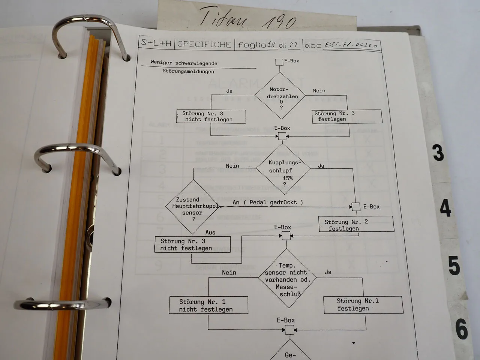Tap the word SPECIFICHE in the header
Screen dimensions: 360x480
coord(204,44)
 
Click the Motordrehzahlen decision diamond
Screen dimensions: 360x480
coord(282,96)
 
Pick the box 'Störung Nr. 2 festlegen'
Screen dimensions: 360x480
coord(355,224)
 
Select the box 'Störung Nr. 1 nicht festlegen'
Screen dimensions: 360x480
coord(208,305)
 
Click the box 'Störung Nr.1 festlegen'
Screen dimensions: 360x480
coord(363,304)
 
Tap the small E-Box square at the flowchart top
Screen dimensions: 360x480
coord(279,62)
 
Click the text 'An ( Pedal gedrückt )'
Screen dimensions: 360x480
coord(267,202)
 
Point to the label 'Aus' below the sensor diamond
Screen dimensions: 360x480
coord(210,232)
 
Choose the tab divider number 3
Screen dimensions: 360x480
coord(438,153)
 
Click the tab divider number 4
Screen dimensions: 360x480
coord(445,208)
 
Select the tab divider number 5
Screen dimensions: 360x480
coord(454,265)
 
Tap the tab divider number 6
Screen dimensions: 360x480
coord(462,328)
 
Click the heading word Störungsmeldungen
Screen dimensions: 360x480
coord(188,71)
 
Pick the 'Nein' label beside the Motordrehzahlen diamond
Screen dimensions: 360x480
coord(319,91)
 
